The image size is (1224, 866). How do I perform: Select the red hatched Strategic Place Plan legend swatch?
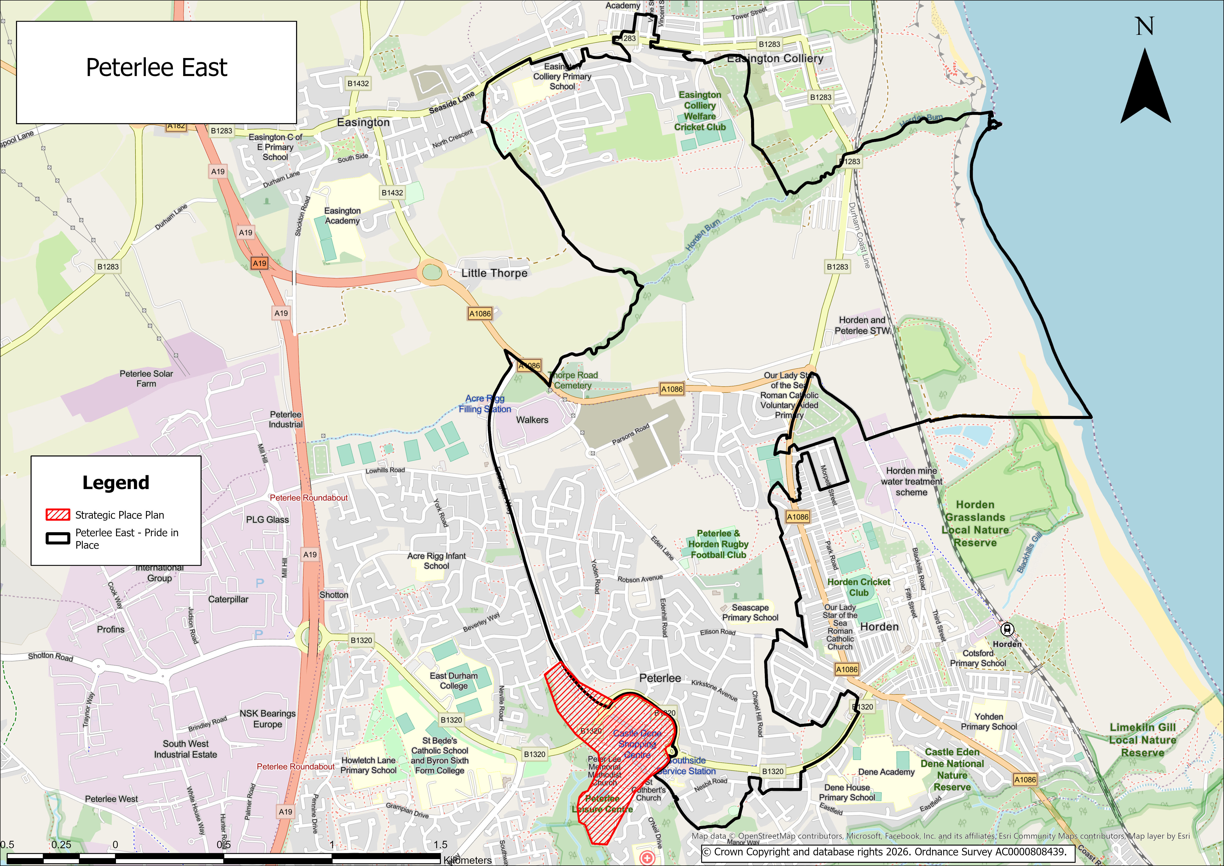pyautogui.click(x=57, y=514)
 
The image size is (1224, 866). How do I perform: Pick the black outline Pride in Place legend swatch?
pyautogui.click(x=57, y=538)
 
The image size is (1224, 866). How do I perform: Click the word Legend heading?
pyautogui.click(x=116, y=483)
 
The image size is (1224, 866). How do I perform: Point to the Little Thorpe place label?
pyautogui.click(x=494, y=273)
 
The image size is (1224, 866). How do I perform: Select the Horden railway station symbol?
pyautogui.click(x=1006, y=629)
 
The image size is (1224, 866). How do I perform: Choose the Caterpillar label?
pyautogui.click(x=228, y=599)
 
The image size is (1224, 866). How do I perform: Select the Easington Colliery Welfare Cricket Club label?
pyautogui.click(x=700, y=111)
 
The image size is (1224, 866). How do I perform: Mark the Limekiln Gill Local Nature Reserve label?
pyautogui.click(x=1142, y=740)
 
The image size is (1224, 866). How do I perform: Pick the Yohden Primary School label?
pyautogui.click(x=989, y=722)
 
